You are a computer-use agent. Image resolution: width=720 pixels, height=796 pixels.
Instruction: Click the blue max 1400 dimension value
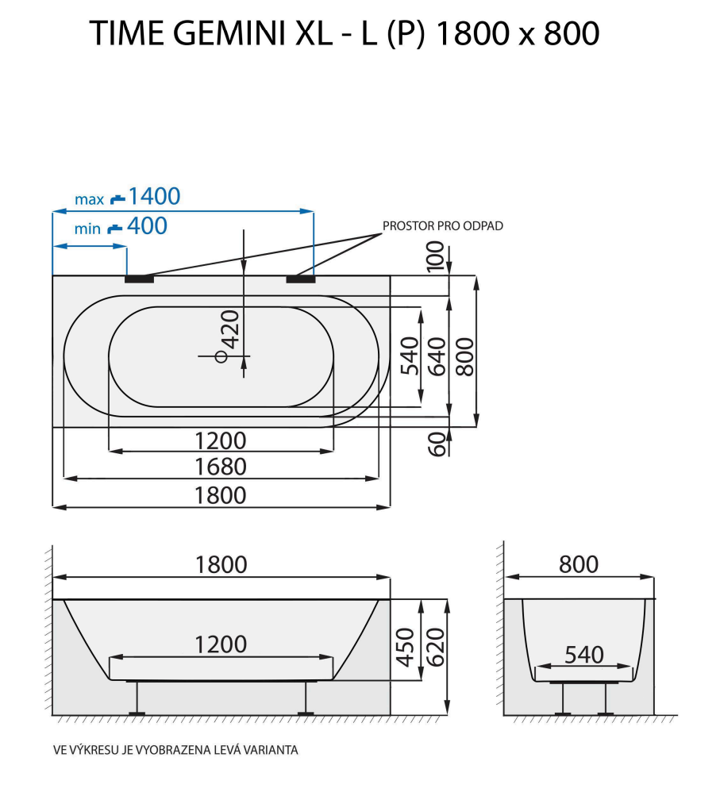(154, 196)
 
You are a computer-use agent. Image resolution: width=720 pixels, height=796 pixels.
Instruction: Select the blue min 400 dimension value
(147, 226)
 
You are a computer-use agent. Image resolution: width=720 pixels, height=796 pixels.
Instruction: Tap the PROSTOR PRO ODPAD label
(443, 226)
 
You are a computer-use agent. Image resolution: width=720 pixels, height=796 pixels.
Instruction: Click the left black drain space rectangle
(139, 279)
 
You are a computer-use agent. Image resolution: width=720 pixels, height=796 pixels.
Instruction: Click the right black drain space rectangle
(300, 279)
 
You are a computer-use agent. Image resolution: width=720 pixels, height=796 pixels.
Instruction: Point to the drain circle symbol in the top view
(222, 356)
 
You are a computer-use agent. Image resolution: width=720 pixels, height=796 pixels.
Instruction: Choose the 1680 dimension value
(221, 467)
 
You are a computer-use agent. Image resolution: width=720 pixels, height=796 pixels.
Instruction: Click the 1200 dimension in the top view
(221, 440)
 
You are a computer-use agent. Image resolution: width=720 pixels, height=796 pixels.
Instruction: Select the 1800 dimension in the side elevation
(221, 564)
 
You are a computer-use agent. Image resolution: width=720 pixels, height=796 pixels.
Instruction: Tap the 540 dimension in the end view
(584, 656)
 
